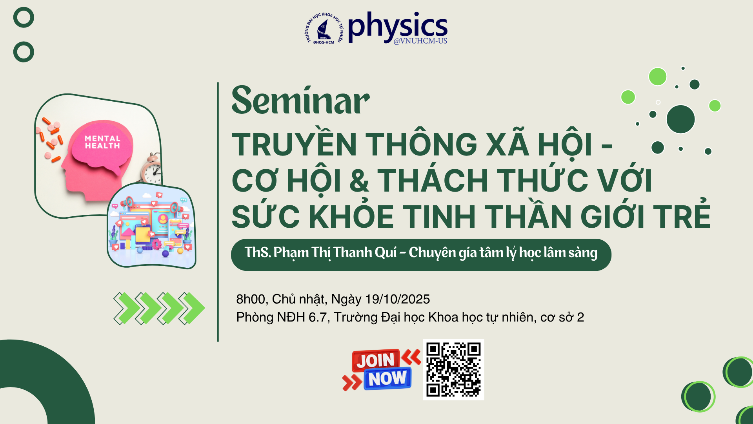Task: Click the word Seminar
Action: pos(300,101)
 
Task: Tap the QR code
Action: pos(453,369)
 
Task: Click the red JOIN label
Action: pos(376,360)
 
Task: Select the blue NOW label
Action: pos(387,378)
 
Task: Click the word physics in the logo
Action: pos(398,26)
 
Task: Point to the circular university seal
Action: pos(324,29)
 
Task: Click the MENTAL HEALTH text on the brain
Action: pos(102,142)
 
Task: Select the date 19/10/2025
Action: pos(397,299)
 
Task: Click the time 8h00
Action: pos(250,299)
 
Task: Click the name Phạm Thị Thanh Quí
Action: pos(335,253)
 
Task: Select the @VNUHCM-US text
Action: pos(420,41)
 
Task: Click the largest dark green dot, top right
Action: pos(680,119)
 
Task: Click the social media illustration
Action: pos(151,226)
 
